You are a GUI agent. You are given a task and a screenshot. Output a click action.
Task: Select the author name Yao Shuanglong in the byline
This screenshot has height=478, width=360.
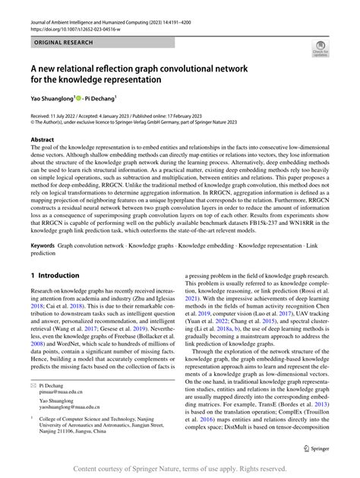[x=52, y=97]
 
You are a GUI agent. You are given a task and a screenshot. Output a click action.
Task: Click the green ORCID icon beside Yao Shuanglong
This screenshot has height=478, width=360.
[x=79, y=97]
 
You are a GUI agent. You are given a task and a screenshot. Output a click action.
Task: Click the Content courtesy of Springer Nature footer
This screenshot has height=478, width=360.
[x=180, y=468]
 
